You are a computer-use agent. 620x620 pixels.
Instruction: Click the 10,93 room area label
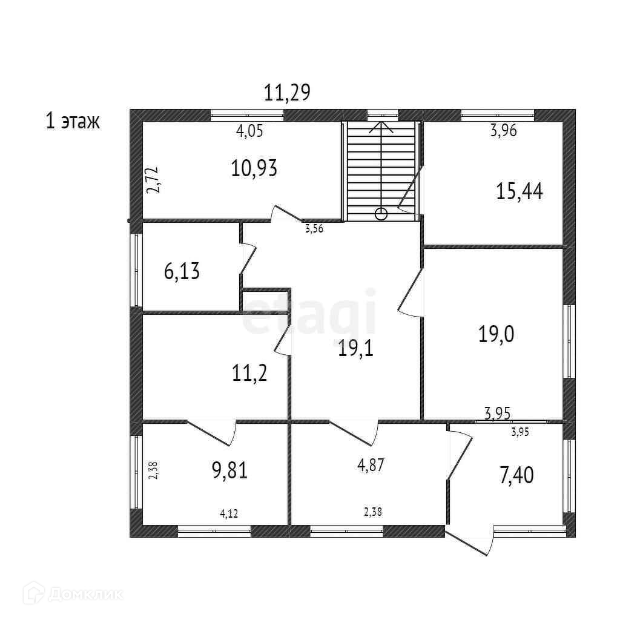tap(254, 168)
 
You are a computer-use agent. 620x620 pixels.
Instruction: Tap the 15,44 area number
tap(519, 191)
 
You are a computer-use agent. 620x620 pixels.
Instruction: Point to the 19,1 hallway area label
tap(355, 349)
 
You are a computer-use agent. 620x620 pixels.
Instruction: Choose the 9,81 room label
tap(229, 470)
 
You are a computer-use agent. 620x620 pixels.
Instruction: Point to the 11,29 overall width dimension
tap(287, 92)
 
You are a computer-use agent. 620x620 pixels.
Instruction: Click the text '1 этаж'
tap(73, 121)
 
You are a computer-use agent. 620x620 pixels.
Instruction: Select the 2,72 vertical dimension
tap(154, 180)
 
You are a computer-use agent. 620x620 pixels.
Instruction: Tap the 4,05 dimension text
tap(249, 131)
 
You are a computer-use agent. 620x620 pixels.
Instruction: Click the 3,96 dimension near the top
tap(503, 131)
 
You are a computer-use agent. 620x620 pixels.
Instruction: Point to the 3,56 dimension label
tap(314, 229)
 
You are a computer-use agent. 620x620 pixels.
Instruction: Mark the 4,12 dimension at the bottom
tap(228, 513)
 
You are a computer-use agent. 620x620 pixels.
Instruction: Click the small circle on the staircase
tap(381, 213)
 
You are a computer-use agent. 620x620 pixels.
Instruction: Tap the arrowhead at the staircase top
tap(381, 126)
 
